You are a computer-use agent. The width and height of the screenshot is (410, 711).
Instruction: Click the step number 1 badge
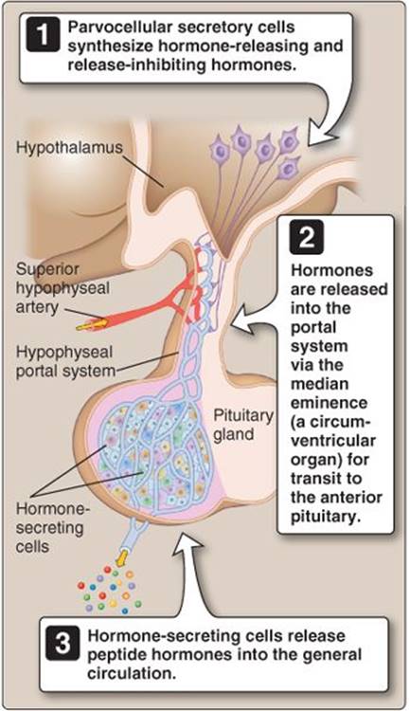(x=43, y=35)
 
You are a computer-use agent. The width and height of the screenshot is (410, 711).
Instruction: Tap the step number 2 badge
(x=307, y=237)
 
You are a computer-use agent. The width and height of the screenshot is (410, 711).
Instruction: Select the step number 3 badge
(x=62, y=644)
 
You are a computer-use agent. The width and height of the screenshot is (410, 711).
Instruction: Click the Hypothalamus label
(x=69, y=147)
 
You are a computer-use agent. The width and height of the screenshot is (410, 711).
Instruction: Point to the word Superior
(x=47, y=269)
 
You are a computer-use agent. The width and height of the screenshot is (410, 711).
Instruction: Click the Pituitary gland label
(x=243, y=425)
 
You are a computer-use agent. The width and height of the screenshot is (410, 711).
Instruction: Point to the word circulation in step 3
(x=132, y=673)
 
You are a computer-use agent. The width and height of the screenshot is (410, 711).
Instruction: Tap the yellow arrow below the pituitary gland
(x=121, y=556)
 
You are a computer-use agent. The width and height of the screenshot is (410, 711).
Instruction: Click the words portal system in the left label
(x=65, y=372)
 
